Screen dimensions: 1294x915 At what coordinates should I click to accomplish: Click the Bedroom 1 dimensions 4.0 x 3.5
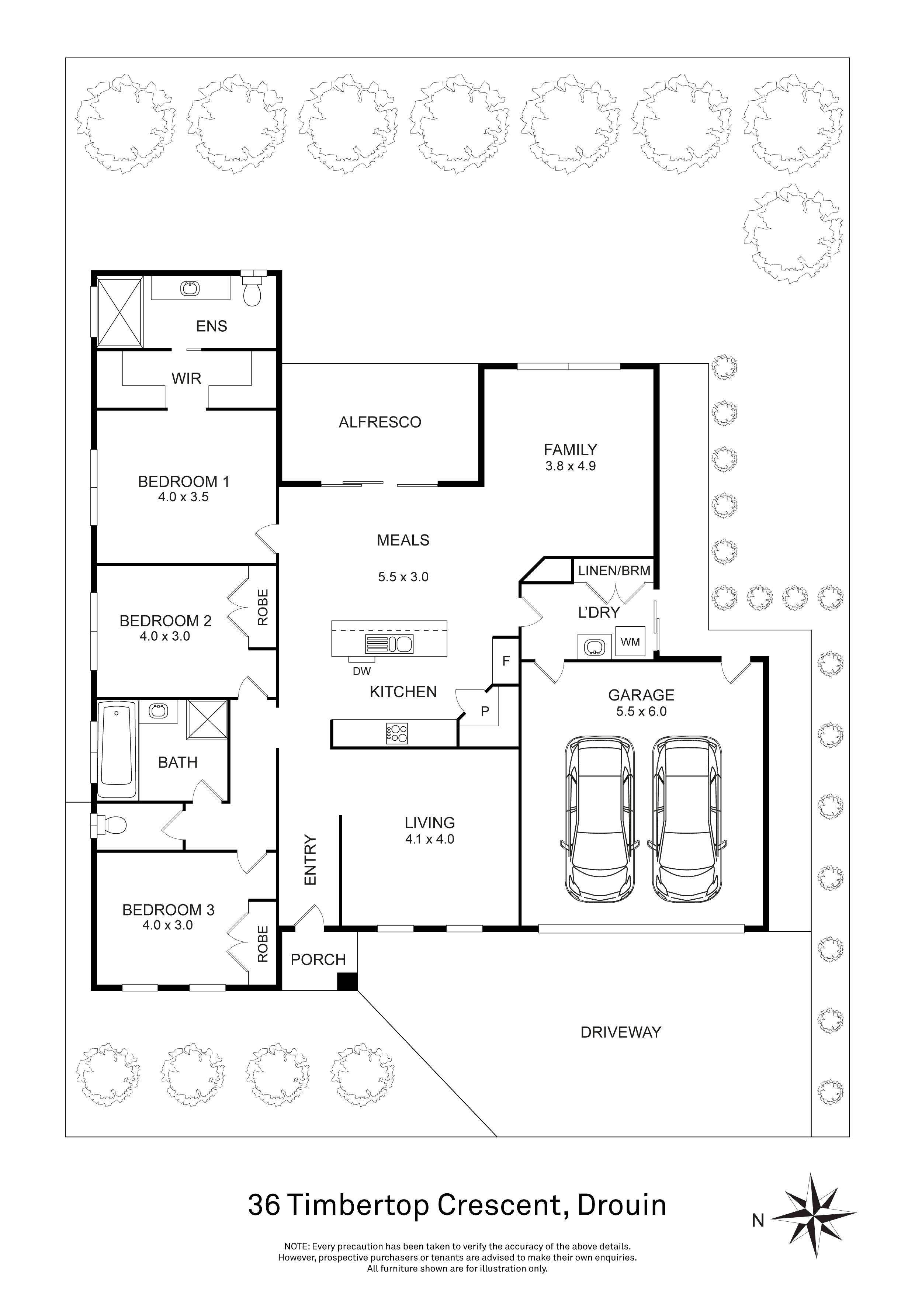click(183, 497)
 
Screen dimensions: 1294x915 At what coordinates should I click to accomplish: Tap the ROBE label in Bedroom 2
click(263, 608)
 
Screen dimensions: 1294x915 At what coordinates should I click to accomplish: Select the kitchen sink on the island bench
click(389, 644)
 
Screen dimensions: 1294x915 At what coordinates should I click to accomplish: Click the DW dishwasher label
click(362, 671)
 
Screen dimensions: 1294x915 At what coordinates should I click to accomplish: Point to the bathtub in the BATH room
click(117, 749)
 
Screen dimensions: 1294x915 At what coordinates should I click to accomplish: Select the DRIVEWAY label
click(620, 1032)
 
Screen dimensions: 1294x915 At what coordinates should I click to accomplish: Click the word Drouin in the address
click(622, 1205)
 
